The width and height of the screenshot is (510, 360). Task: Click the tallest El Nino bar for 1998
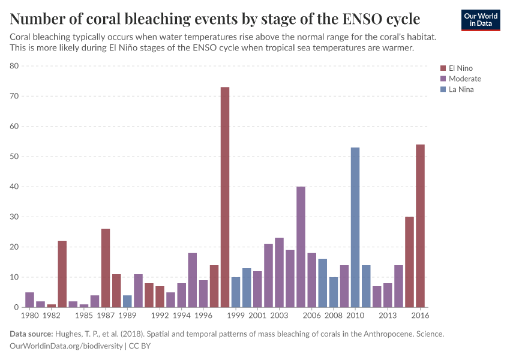tap(225, 197)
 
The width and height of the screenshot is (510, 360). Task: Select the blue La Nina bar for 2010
tap(355, 227)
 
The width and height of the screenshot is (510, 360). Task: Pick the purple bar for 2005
tap(301, 247)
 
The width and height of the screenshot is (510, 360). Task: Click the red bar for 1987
tap(106, 268)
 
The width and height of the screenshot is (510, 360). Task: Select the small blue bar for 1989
tap(127, 301)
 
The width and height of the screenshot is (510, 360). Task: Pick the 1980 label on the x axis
tap(30, 315)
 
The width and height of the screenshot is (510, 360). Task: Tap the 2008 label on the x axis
tap(334, 315)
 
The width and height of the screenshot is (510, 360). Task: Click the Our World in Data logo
tap(480, 20)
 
